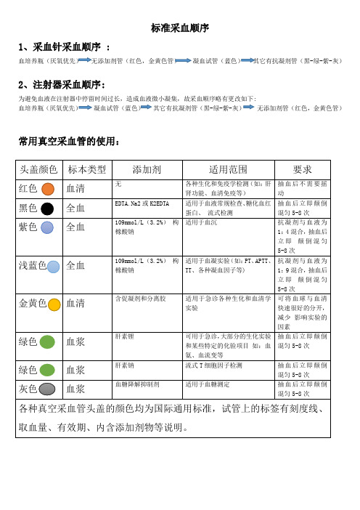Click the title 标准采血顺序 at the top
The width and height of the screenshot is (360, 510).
180,28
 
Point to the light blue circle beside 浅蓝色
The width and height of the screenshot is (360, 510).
54,267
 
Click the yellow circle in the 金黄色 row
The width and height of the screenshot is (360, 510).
54,304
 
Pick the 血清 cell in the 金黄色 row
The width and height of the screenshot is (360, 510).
75,304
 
